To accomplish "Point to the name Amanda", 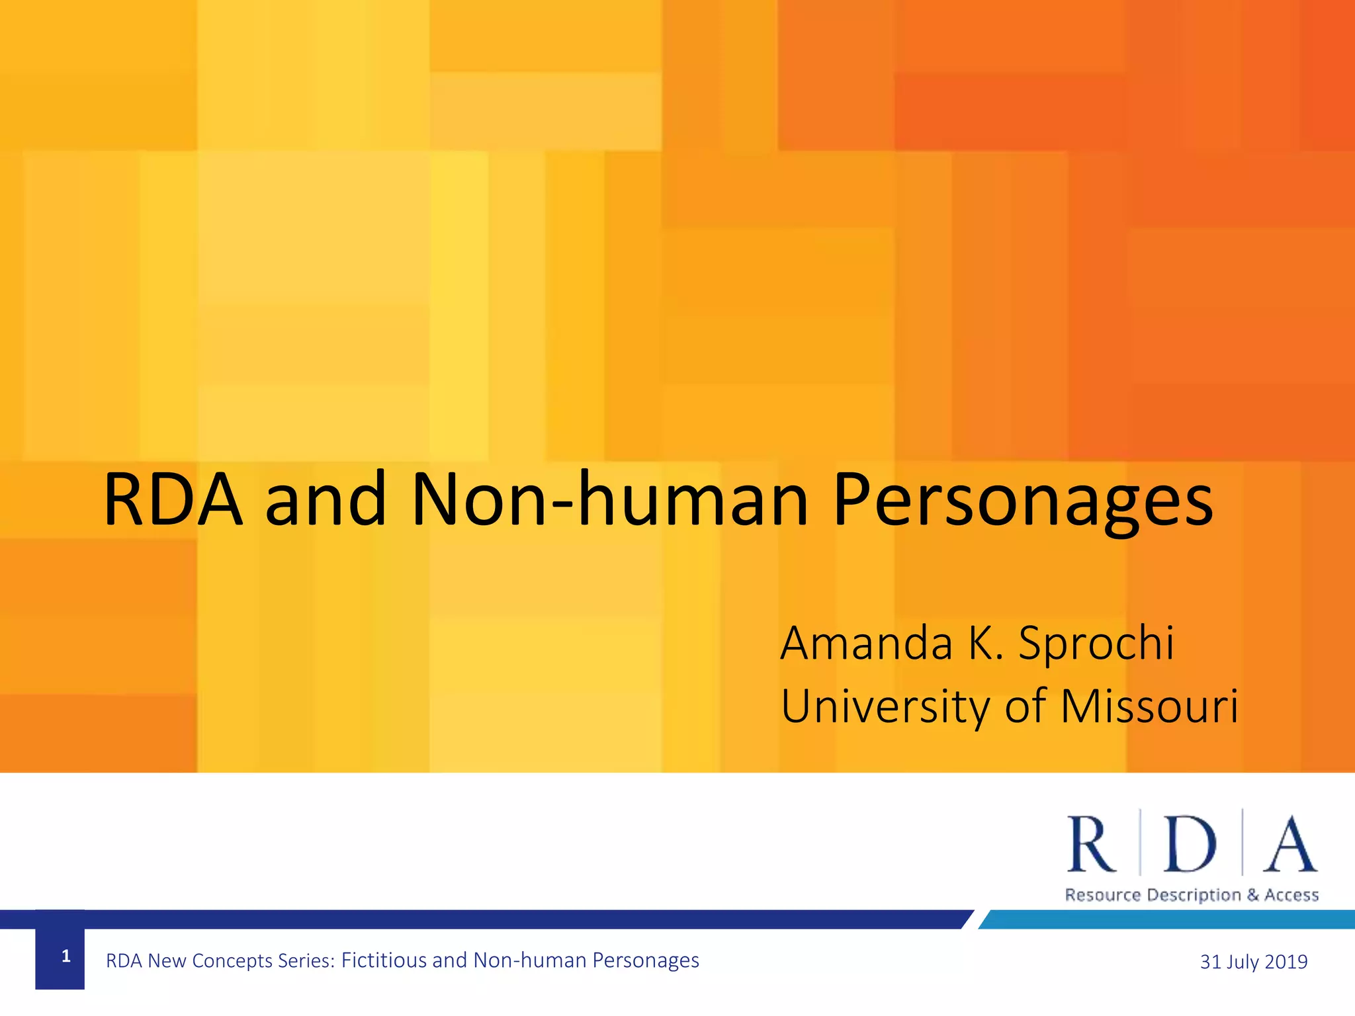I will coord(866,643).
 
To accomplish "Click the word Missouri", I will coord(1149,706).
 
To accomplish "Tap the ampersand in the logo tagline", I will coord(1252,896).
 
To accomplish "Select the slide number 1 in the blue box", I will coord(66,956).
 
